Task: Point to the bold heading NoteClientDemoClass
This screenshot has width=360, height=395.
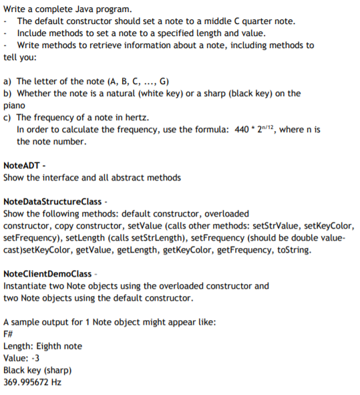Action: (x=47, y=273)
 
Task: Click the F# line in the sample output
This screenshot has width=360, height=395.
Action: (x=9, y=334)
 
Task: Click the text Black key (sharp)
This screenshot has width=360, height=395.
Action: (x=37, y=370)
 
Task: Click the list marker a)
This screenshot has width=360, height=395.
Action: (x=8, y=80)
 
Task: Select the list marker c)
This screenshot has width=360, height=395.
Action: (x=8, y=118)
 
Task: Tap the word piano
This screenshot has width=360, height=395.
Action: (x=14, y=105)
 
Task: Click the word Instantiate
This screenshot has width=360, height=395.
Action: (x=25, y=286)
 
